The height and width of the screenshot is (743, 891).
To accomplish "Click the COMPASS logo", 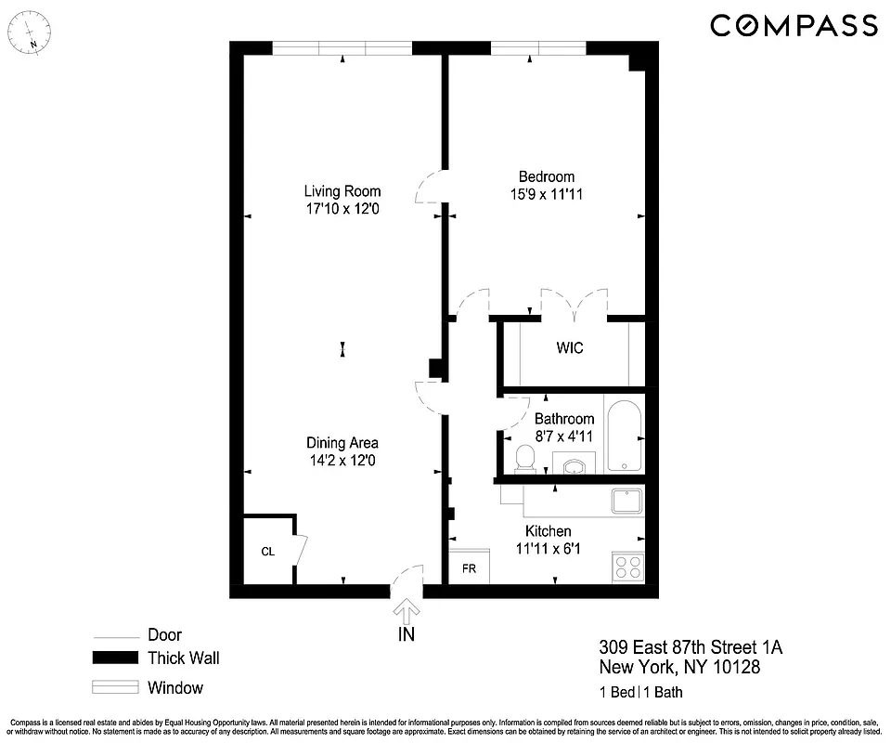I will pyautogui.click(x=794, y=26).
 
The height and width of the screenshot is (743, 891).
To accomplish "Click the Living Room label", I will pyautogui.click(x=342, y=191).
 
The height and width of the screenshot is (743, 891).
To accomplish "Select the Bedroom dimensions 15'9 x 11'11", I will pyautogui.click(x=546, y=194).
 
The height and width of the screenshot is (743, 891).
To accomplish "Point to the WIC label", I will pyautogui.click(x=570, y=348).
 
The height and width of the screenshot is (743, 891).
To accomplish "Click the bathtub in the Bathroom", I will pyautogui.click(x=623, y=436).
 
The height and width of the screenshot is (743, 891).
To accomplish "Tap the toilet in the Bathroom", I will pyautogui.click(x=525, y=457).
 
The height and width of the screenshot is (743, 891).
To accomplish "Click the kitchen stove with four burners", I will pyautogui.click(x=628, y=567).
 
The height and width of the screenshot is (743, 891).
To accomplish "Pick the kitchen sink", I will pyautogui.click(x=627, y=502).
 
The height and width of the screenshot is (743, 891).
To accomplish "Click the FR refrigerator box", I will pyautogui.click(x=469, y=567).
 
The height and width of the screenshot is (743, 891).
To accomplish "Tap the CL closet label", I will pyautogui.click(x=267, y=552).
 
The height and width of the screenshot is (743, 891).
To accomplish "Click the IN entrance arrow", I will pyautogui.click(x=406, y=611).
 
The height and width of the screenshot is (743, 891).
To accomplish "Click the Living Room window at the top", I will pyautogui.click(x=342, y=48).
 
